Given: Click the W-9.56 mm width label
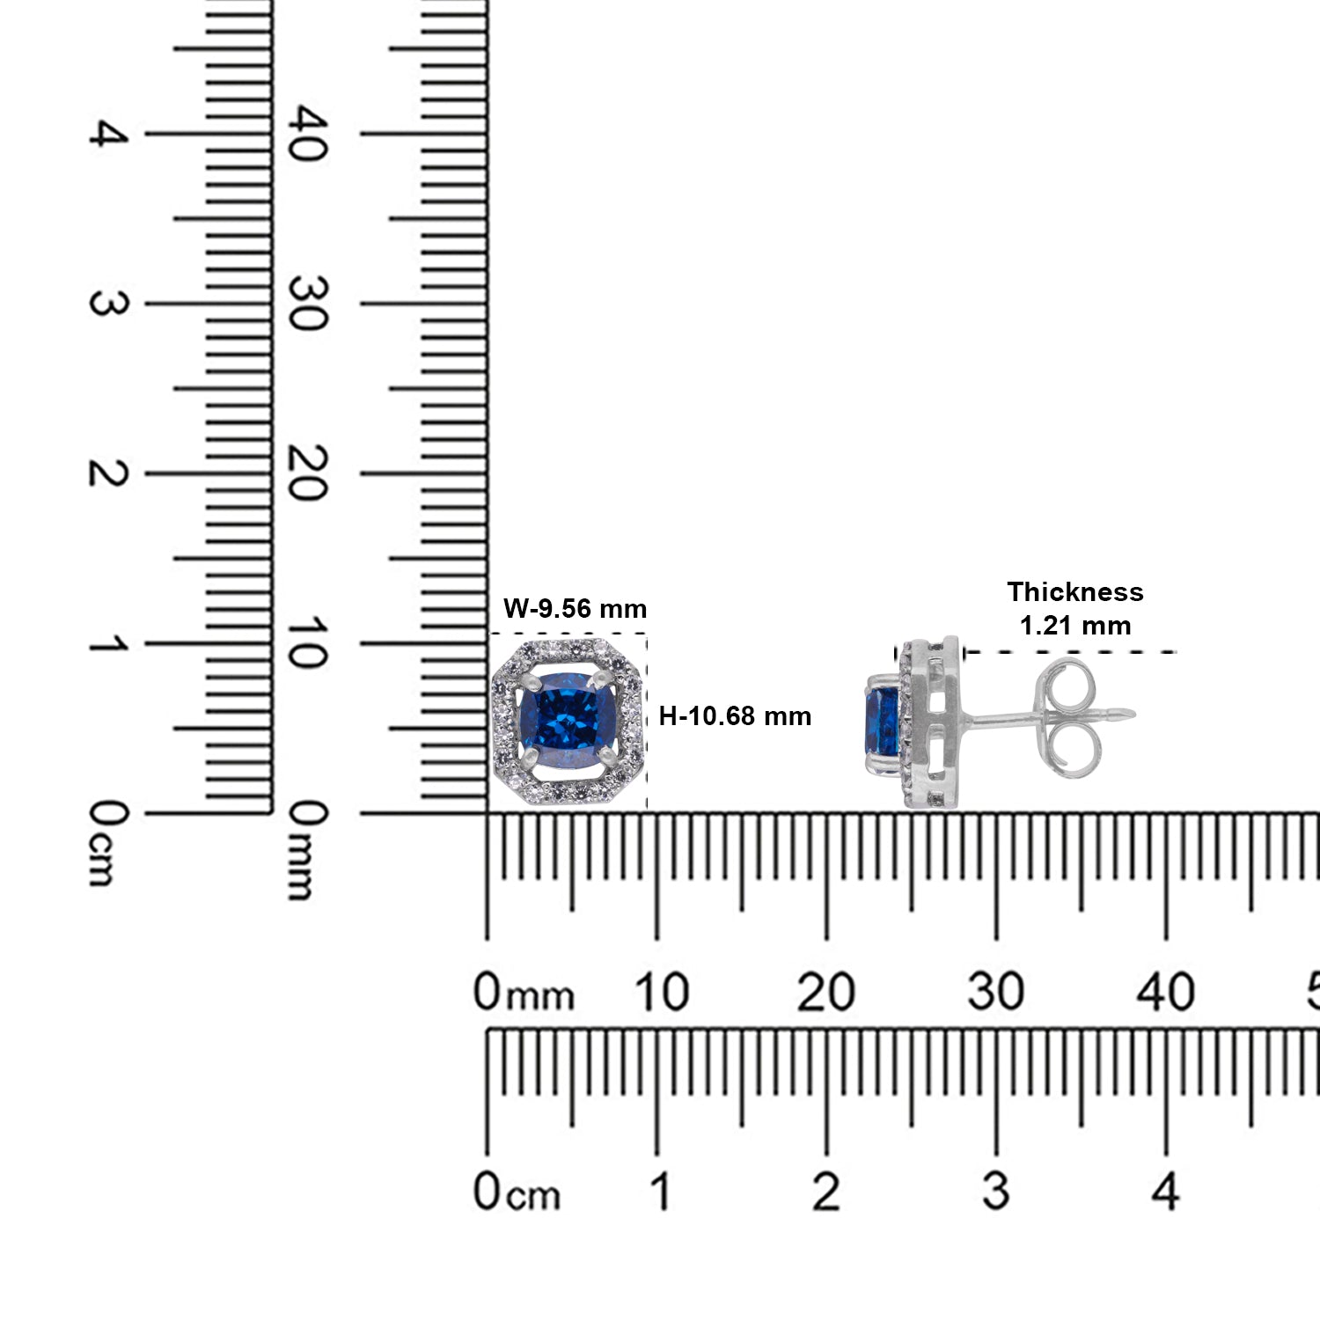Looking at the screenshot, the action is [575, 608].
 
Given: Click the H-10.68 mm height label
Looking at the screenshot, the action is [735, 716].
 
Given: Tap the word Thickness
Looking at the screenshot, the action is [1075, 591].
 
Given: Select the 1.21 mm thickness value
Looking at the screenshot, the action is [1075, 626].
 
